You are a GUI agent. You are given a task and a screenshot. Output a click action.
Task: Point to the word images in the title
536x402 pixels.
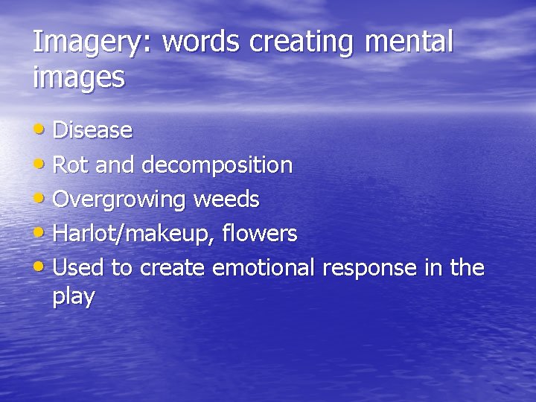[79, 77]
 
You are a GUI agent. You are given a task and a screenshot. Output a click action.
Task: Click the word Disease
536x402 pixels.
[93, 131]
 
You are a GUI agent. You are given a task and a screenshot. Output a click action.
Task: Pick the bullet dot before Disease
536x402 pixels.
[42, 130]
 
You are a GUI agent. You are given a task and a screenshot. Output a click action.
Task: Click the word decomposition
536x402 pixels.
[217, 165]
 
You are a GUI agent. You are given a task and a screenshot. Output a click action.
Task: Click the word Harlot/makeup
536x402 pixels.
[129, 234]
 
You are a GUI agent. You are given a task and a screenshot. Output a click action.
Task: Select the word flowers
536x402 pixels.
[260, 233]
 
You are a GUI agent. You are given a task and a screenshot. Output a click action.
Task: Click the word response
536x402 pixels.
[369, 268]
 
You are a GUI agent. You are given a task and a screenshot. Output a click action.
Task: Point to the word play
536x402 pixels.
[74, 297]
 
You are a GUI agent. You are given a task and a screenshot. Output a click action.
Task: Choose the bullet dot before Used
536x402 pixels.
[42, 267]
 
